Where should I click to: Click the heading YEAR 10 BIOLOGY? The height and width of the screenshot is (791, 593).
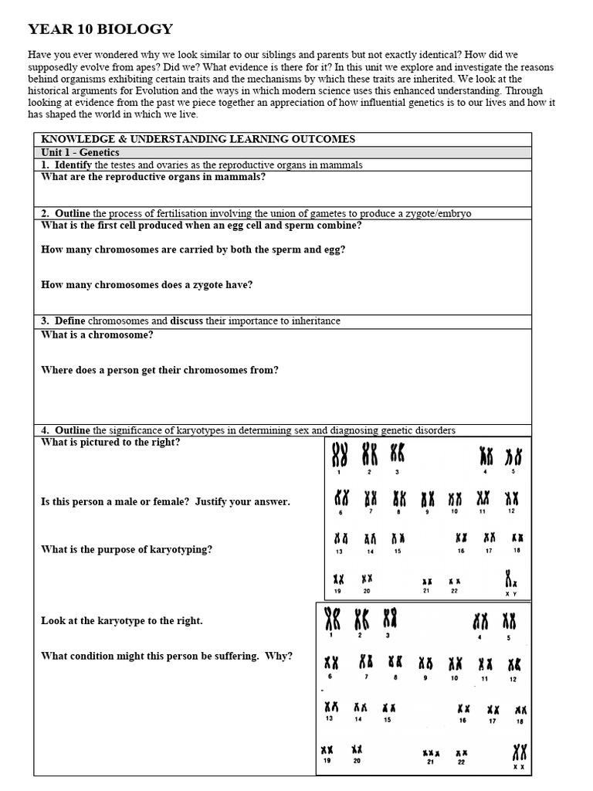[x=100, y=29]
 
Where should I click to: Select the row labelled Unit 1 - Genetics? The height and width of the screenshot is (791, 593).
[x=80, y=152]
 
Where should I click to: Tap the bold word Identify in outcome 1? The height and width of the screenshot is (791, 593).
[x=73, y=165]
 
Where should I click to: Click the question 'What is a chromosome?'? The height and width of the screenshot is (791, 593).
[x=97, y=334]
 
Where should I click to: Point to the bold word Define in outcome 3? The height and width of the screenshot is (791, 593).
[x=70, y=321]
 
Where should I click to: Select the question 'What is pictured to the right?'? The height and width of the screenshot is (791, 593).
[x=110, y=442]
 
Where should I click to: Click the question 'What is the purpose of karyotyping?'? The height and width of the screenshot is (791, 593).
[x=126, y=549]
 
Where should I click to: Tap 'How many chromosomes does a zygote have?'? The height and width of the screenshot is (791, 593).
[x=147, y=284]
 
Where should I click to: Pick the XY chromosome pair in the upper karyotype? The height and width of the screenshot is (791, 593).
[x=511, y=579]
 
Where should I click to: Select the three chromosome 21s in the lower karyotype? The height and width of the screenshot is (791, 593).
[x=431, y=752]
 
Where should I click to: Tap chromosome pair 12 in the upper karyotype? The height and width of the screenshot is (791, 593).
[x=511, y=498]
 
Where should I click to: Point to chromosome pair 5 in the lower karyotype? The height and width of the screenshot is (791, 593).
[x=509, y=621]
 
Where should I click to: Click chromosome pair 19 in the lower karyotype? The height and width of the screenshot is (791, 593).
[x=327, y=749]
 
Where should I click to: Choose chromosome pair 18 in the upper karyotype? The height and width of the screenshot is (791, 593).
[x=517, y=538]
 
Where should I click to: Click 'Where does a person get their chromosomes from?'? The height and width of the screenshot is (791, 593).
[x=160, y=370]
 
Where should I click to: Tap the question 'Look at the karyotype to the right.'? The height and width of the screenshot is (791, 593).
[x=122, y=620]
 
